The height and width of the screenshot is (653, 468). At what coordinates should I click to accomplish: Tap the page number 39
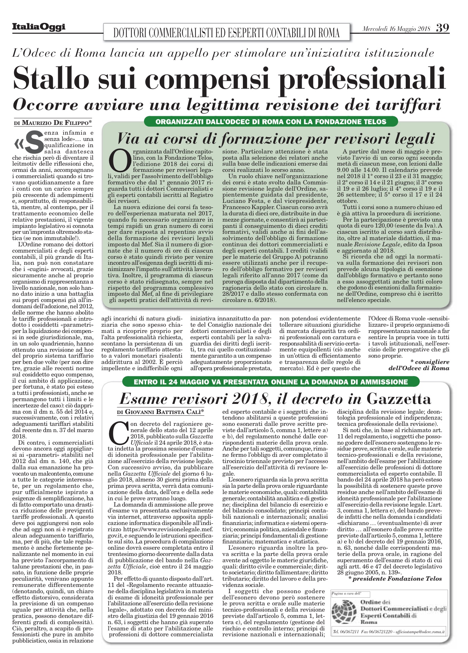click(x=442, y=28)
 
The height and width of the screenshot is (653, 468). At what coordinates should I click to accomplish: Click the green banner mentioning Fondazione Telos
click(x=271, y=122)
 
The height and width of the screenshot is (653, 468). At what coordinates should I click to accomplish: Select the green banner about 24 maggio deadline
click(x=271, y=382)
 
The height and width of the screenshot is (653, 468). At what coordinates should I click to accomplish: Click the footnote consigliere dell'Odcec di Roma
click(x=419, y=365)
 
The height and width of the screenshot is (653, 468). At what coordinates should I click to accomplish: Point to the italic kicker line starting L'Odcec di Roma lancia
click(x=223, y=53)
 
